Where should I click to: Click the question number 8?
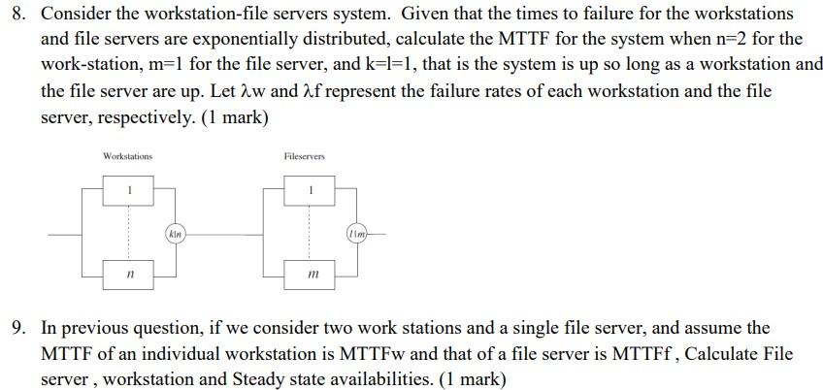tap(16, 16)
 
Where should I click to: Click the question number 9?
tap(16, 329)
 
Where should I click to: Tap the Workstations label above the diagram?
tap(127, 156)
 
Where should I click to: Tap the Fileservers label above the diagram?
tap(305, 156)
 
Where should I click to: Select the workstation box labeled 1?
tap(128, 189)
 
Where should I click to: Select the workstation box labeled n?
tap(128, 276)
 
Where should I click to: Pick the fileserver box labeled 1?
tap(310, 189)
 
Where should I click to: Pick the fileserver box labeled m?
tap(310, 276)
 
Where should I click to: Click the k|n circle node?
tap(175, 234)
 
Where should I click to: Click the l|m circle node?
tap(357, 234)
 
